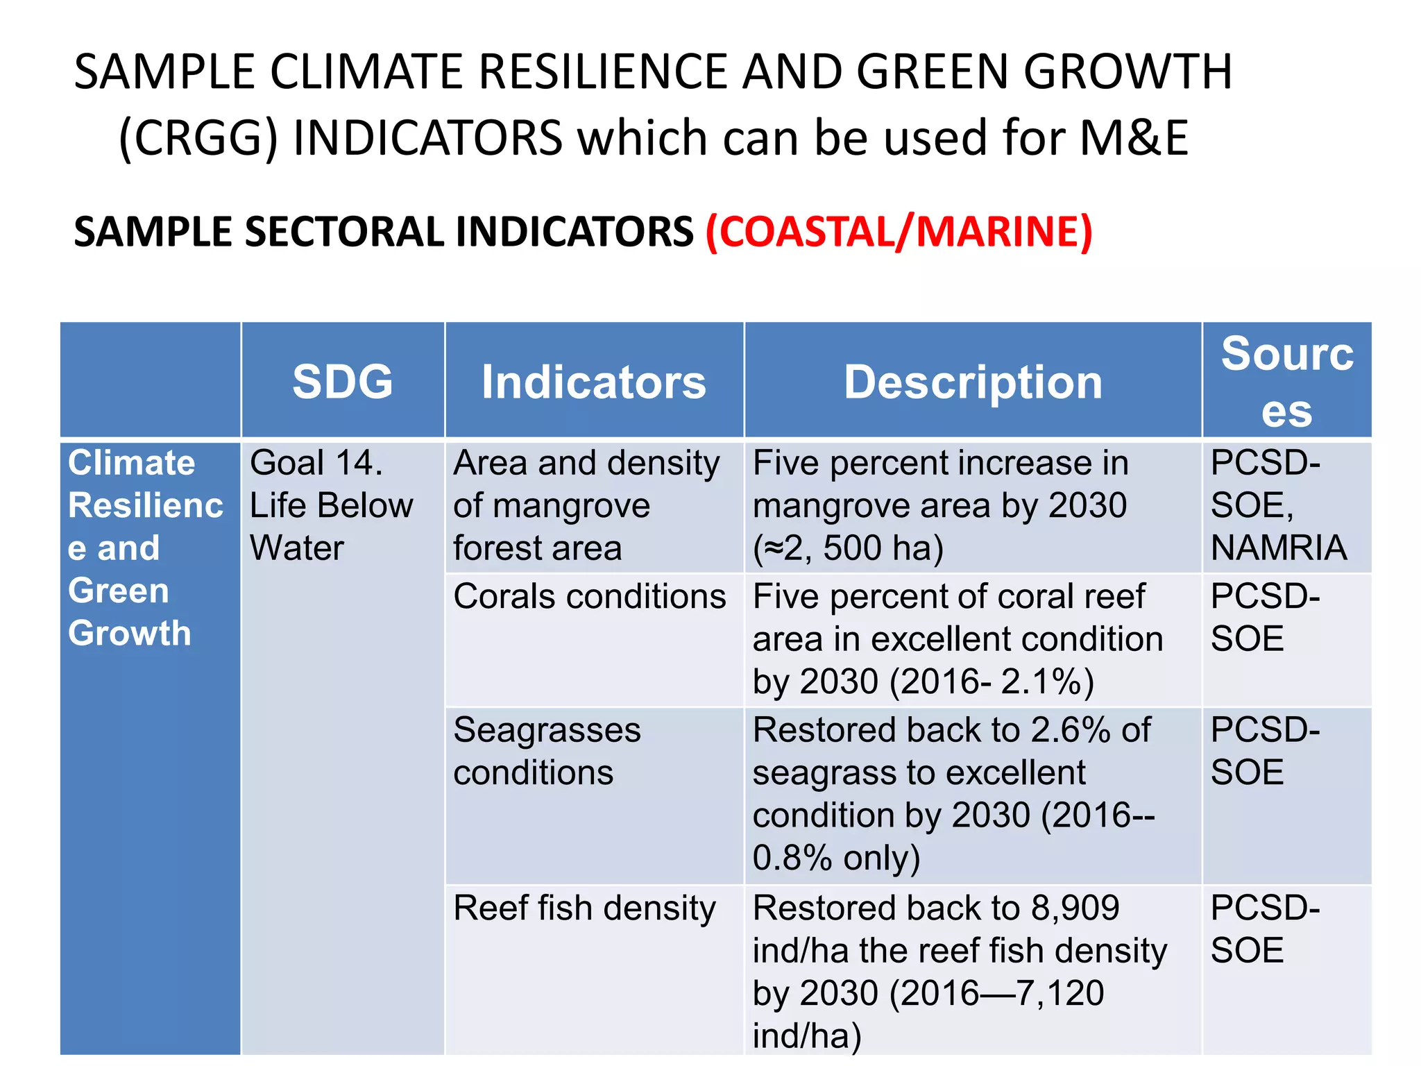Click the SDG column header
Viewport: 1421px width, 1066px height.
[342, 382]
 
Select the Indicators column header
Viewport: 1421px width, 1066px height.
[593, 382]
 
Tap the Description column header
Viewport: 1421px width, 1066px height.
[973, 382]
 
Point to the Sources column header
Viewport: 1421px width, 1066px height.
[1287, 382]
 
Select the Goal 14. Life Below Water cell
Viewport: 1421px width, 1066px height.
[331, 505]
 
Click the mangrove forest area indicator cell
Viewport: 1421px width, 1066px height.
[586, 505]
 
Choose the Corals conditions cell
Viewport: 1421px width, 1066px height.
[589, 597]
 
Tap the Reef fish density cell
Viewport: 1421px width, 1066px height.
[584, 908]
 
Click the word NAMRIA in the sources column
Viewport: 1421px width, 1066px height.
[1279, 548]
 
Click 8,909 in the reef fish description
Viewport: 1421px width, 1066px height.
[1075, 908]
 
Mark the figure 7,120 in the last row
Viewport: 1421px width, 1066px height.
[1060, 993]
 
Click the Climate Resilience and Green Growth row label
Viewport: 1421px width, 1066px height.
[146, 548]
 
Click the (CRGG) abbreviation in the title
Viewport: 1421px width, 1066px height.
[198, 137]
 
